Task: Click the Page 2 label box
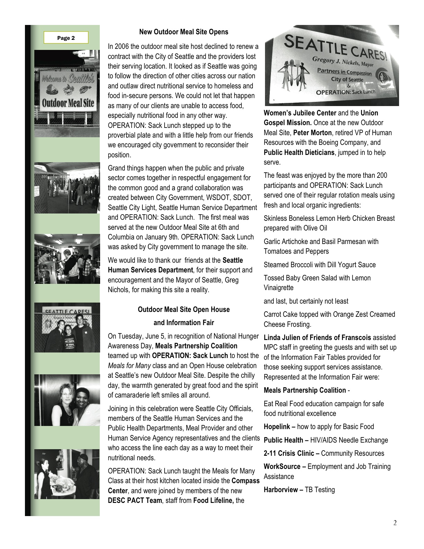[x=66, y=38]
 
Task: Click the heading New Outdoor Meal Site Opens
[x=184, y=32]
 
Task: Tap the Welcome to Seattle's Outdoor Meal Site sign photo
[x=67, y=93]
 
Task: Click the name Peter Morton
[x=312, y=133]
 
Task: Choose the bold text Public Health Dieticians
[x=299, y=152]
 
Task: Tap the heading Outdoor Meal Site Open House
[x=184, y=310]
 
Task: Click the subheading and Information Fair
[x=184, y=323]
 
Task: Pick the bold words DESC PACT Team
[x=135, y=500]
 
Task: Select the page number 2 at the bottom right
[x=395, y=523]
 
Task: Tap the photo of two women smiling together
[x=67, y=400]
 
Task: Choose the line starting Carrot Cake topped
[x=329, y=315]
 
